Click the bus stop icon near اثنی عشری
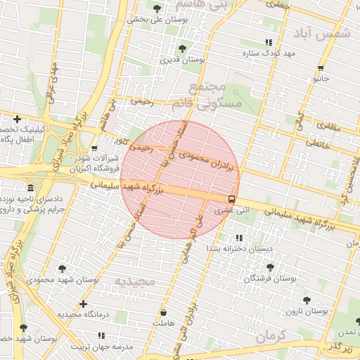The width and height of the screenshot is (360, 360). tap(232, 199)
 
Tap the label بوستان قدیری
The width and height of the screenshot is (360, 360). tap(182, 61)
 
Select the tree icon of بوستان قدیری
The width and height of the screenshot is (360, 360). tap(182, 49)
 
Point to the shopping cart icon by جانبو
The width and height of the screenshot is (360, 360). tap(321, 68)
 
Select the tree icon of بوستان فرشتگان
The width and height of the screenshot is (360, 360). tap(270, 267)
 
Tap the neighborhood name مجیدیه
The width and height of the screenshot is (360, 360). tap(138, 281)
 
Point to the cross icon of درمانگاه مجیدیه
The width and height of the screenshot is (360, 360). tap(84, 304)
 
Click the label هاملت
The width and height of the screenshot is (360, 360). tap(162, 323)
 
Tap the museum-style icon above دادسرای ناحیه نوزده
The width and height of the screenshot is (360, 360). tap(30, 188)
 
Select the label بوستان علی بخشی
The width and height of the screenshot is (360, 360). tap(154, 20)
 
